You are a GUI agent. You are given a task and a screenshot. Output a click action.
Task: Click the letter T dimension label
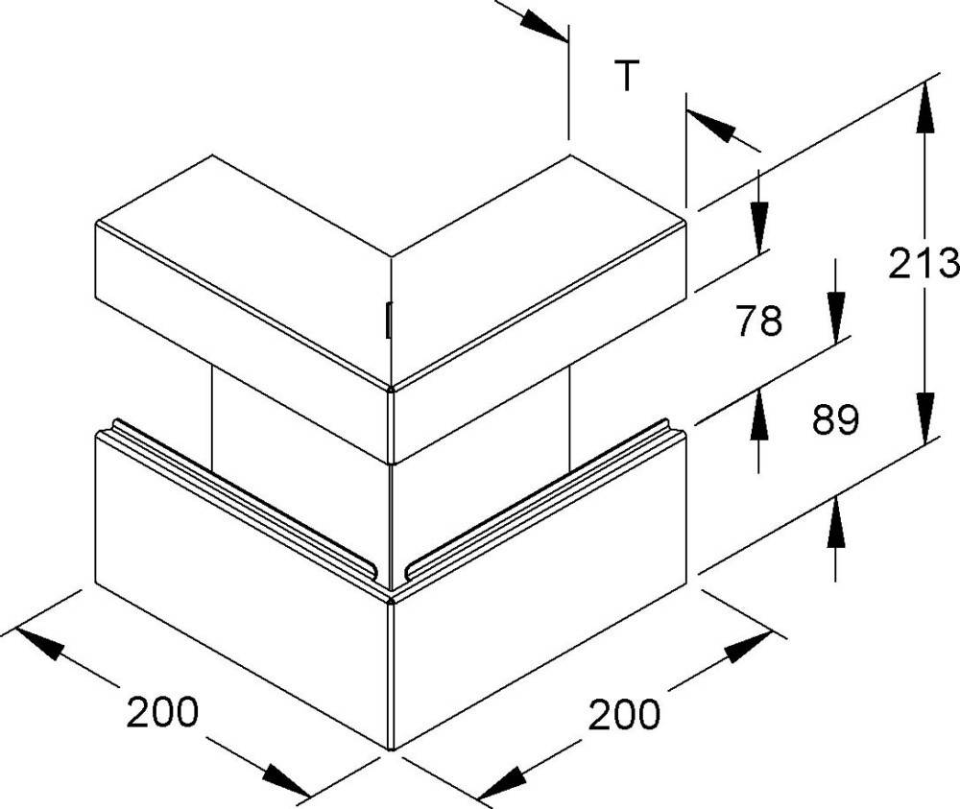point(626,75)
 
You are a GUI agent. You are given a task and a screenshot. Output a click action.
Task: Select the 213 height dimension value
point(924,263)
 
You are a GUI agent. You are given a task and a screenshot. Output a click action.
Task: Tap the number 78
point(759,321)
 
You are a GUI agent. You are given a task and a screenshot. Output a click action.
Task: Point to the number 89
point(836,419)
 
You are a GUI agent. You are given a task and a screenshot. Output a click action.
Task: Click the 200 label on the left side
point(162,712)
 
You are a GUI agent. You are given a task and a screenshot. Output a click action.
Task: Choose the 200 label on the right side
point(625,714)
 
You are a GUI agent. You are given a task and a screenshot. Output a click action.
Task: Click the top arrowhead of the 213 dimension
point(925,108)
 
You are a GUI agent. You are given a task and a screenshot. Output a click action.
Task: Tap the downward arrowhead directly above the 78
point(759,228)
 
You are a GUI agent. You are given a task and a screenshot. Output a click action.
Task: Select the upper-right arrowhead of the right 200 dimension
point(748,646)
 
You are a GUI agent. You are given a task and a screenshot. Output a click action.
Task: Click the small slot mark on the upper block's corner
point(389,321)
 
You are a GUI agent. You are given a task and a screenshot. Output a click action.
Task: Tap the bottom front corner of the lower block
point(392,748)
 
